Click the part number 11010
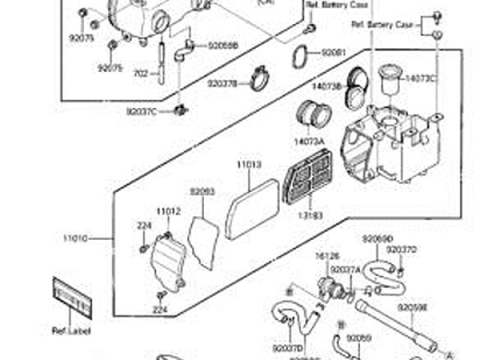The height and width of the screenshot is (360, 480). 76,238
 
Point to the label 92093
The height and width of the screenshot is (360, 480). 202,192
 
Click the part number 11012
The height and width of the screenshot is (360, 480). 168,212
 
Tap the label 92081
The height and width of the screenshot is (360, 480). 334,53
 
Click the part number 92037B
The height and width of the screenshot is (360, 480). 222,84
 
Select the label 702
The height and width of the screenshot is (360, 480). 140,73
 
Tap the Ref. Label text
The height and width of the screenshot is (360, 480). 69,330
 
